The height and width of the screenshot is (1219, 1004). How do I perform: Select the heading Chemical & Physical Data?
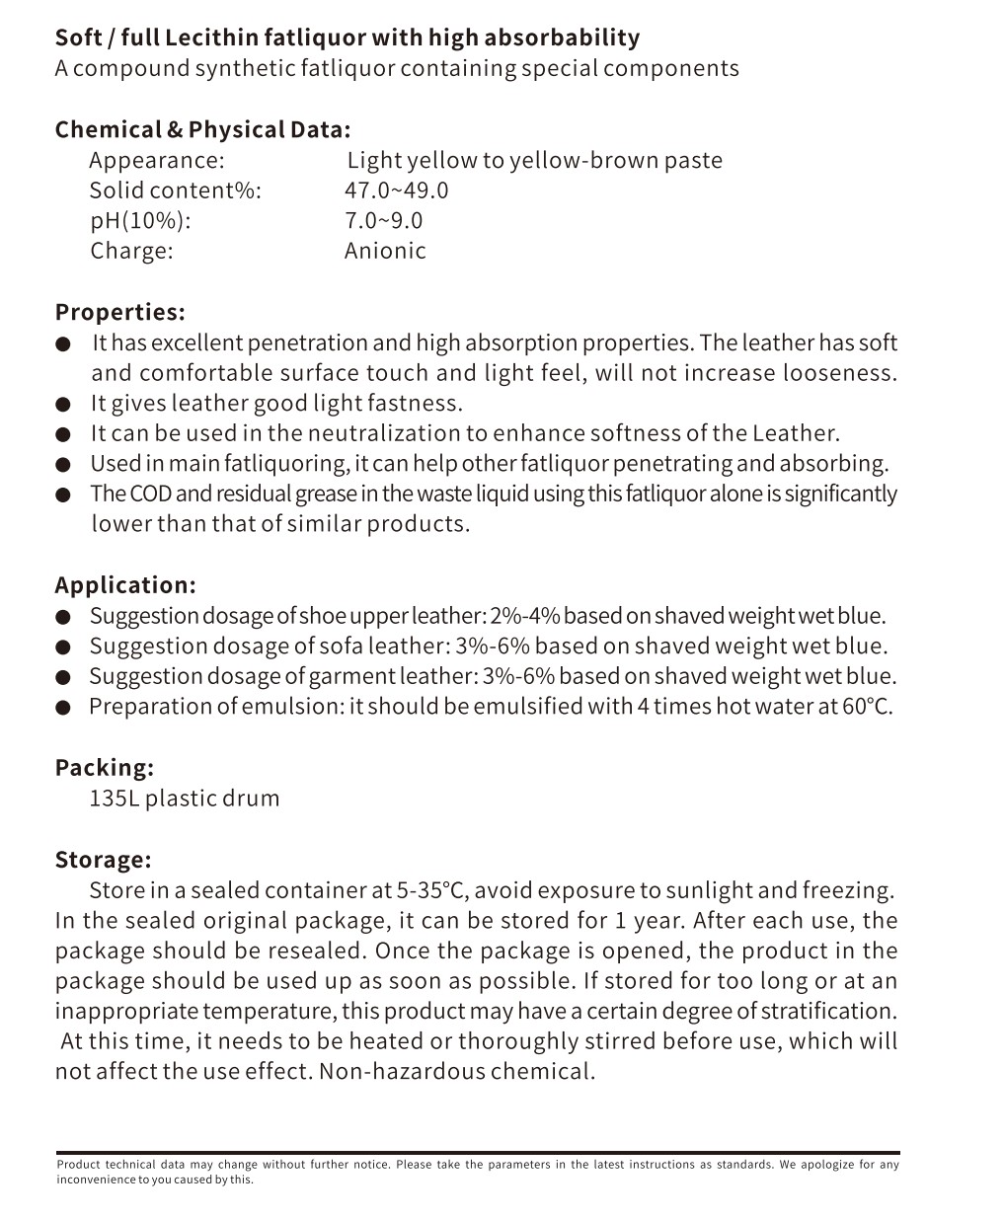pyautogui.click(x=202, y=129)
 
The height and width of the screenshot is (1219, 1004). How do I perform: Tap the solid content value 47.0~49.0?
pyautogui.click(x=396, y=190)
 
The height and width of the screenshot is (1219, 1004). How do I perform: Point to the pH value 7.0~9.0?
pyautogui.click(x=383, y=220)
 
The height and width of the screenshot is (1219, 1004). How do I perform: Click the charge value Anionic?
pyautogui.click(x=385, y=251)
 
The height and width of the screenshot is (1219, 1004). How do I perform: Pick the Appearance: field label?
pyautogui.click(x=156, y=160)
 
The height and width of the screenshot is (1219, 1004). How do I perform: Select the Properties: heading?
pyautogui.click(x=119, y=312)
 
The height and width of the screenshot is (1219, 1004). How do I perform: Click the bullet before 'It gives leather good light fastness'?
pyautogui.click(x=63, y=405)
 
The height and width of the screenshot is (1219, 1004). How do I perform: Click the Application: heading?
pyautogui.click(x=125, y=584)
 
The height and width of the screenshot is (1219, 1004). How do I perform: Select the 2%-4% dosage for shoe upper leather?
pyautogui.click(x=525, y=616)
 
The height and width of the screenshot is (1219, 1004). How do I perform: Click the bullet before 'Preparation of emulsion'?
pyautogui.click(x=63, y=708)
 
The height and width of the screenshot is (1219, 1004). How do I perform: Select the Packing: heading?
pyautogui.click(x=104, y=767)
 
